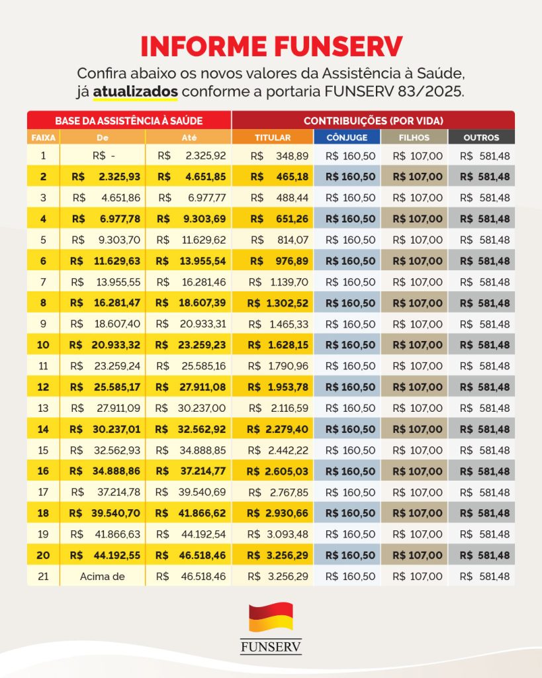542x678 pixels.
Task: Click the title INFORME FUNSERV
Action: (x=271, y=46)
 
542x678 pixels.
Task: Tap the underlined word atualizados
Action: (x=135, y=91)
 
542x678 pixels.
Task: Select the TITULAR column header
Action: (x=272, y=138)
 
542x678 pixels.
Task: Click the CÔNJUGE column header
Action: (x=347, y=138)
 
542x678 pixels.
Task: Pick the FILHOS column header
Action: (x=414, y=138)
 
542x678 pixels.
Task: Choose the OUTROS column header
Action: (x=482, y=138)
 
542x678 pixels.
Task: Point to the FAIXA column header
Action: (x=43, y=138)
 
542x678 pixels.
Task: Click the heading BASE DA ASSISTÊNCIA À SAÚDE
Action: (x=128, y=121)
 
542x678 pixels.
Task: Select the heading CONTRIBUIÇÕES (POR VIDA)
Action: (x=373, y=121)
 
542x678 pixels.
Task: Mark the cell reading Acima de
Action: (x=102, y=577)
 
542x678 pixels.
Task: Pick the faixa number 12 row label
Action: (x=43, y=387)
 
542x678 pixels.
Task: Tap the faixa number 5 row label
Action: (x=43, y=240)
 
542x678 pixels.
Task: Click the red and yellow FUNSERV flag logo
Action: (x=271, y=617)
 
